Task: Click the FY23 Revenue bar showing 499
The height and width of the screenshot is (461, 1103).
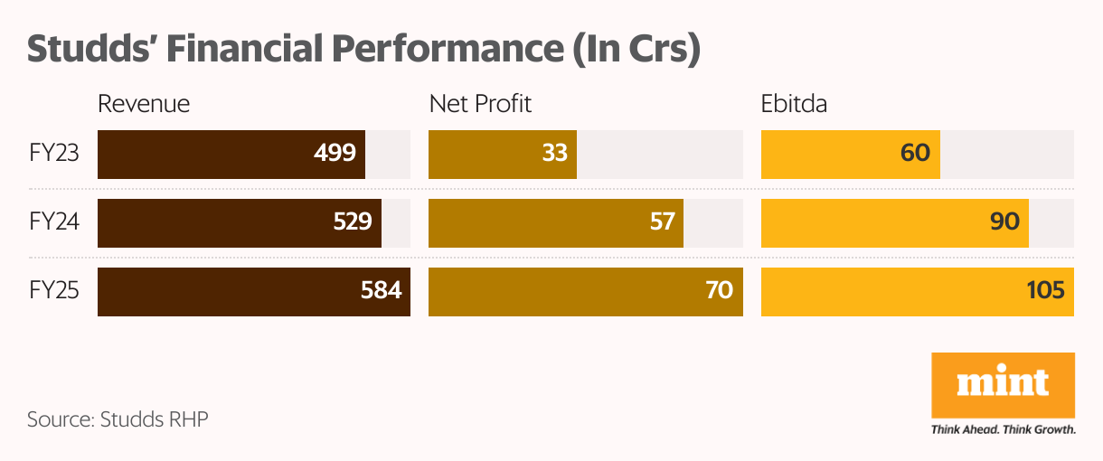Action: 231,154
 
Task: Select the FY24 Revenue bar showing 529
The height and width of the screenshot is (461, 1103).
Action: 239,222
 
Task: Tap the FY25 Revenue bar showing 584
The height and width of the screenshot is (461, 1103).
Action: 253,292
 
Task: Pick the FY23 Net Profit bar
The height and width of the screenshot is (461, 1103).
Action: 502,154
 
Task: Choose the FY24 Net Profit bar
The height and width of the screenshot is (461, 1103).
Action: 555,222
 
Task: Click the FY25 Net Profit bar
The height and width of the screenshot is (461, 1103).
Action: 585,292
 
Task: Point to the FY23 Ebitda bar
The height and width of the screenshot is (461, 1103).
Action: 850,154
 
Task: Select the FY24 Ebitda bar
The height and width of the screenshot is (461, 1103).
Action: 894,222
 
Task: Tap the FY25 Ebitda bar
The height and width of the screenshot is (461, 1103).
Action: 917,292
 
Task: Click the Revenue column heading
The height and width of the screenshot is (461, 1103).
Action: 144,104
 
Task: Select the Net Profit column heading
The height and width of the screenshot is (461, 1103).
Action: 480,104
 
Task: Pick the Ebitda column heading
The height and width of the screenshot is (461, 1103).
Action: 794,104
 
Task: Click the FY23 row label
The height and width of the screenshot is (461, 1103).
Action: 53,154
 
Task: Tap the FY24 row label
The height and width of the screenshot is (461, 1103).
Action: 53,222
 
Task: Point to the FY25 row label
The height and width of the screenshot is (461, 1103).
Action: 53,292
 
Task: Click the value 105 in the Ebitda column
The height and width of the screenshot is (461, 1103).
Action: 1044,292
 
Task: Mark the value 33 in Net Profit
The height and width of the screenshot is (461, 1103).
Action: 554,154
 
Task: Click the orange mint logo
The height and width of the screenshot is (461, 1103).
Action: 1003,385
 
